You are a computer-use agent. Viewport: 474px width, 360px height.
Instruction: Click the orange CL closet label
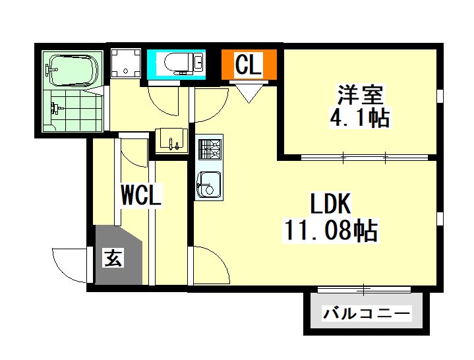(248, 65)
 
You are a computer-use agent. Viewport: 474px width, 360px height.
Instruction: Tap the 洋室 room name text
(361, 94)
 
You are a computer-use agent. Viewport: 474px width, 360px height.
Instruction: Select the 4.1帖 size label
(359, 117)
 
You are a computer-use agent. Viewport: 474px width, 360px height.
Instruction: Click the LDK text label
(331, 204)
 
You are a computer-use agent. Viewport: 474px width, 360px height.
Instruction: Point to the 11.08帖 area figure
(330, 230)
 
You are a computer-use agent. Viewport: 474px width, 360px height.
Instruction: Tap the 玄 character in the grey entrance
(113, 258)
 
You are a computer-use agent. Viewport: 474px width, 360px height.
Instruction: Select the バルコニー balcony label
(367, 313)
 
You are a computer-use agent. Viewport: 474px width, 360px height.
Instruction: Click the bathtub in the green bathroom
(72, 71)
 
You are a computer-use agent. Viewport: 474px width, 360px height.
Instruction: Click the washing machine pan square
(126, 63)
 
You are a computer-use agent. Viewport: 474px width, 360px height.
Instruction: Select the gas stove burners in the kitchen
(210, 149)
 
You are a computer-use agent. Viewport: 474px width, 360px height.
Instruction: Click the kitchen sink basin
(208, 185)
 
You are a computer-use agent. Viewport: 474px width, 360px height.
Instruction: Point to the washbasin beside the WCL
(171, 140)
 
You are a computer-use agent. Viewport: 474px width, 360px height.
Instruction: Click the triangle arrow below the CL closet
(249, 93)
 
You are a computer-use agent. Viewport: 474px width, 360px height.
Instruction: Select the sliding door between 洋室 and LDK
(365, 157)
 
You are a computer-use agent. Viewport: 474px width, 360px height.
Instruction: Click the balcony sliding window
(364, 289)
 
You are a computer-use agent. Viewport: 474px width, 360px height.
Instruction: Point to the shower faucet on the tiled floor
(55, 108)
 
